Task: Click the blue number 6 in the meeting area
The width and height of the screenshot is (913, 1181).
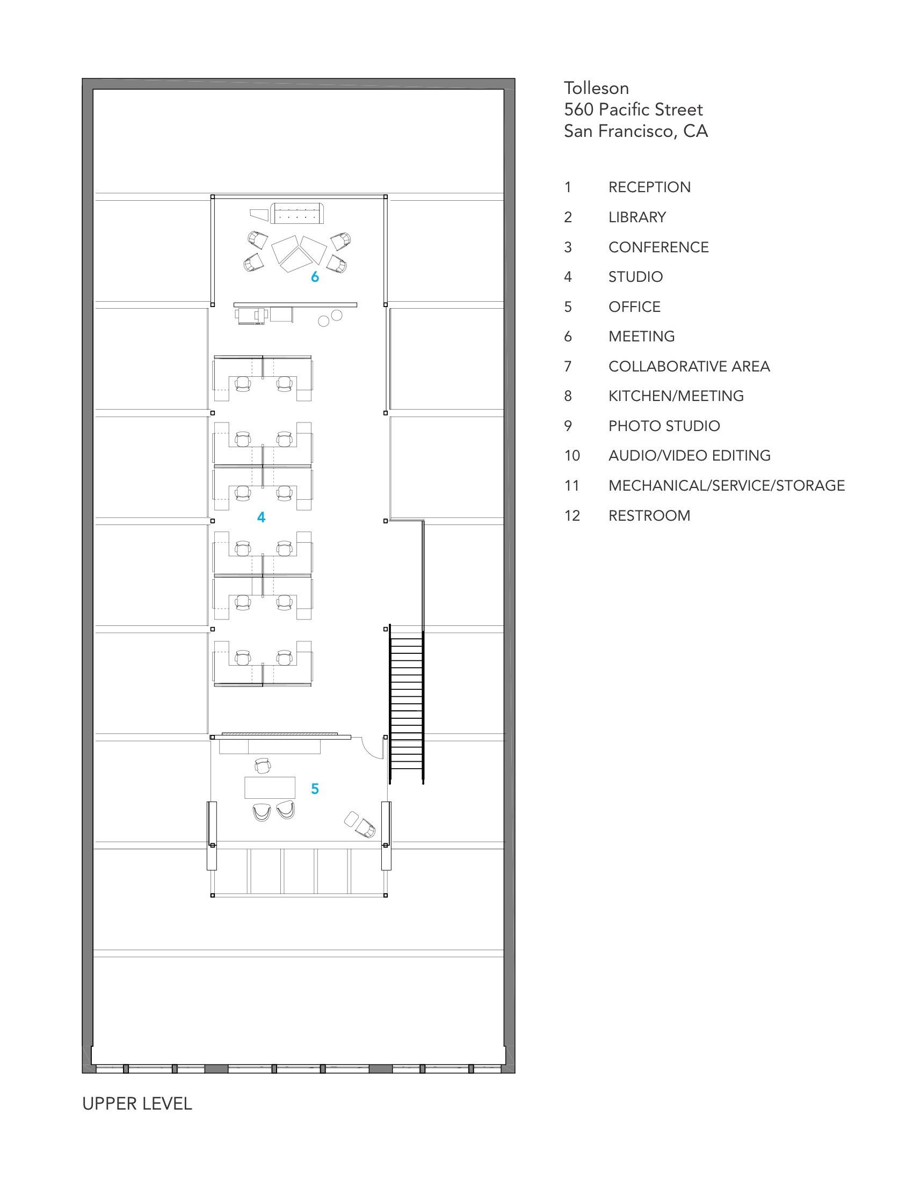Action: click(315, 277)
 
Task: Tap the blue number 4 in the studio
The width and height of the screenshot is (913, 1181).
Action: click(261, 517)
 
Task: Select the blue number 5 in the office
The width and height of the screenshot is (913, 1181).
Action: click(315, 789)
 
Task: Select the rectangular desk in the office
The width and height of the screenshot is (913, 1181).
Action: click(270, 788)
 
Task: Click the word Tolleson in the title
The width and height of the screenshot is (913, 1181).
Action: click(597, 88)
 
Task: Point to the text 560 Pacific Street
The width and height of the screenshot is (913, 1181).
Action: click(633, 110)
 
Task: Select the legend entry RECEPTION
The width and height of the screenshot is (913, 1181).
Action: click(650, 187)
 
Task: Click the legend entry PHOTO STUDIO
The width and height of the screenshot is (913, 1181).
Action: click(664, 426)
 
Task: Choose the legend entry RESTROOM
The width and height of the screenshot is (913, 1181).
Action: click(650, 516)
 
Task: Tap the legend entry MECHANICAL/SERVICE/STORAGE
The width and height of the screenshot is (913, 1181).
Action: click(727, 486)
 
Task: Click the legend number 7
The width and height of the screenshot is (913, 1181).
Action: click(568, 367)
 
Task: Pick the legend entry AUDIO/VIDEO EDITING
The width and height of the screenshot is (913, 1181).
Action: click(690, 456)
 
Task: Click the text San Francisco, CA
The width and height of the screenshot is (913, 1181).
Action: click(636, 132)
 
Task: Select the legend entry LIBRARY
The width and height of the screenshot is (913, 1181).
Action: click(637, 217)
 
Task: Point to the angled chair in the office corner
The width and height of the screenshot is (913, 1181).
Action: click(365, 828)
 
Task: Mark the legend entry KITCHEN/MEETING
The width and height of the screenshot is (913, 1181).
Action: click(676, 396)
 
